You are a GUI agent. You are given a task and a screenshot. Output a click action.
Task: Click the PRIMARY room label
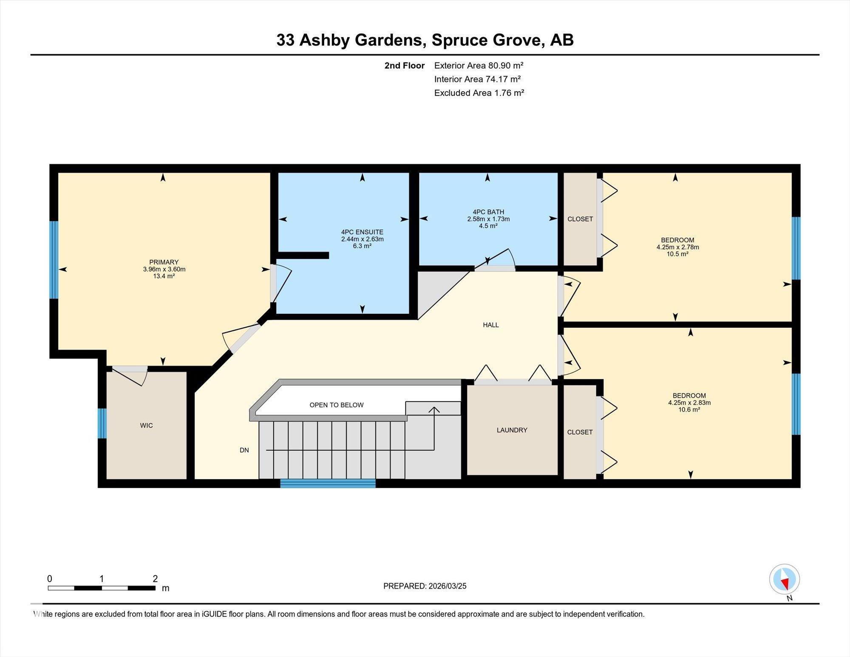[164, 262]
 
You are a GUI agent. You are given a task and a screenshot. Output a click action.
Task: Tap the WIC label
[146, 425]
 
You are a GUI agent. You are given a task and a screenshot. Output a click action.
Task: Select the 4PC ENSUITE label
[362, 232]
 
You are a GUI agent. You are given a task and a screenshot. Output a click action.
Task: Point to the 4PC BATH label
[488, 212]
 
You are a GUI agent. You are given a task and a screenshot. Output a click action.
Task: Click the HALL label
[491, 325]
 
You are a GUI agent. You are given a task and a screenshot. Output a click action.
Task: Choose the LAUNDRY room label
[512, 430]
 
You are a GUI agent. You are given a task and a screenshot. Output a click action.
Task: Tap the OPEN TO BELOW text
[337, 405]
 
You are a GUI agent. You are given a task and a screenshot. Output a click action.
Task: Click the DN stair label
[244, 450]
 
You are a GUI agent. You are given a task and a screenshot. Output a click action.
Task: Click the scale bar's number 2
[156, 579]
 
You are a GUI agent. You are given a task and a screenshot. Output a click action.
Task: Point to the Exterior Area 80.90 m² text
[479, 65]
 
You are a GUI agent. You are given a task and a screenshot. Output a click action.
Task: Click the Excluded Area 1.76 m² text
[479, 93]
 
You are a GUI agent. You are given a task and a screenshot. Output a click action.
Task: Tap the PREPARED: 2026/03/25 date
[425, 586]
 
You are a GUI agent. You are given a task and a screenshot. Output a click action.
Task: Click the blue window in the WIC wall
[102, 423]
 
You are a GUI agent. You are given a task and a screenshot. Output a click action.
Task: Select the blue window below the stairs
[328, 483]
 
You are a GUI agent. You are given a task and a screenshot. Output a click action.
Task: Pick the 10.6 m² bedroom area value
[689, 410]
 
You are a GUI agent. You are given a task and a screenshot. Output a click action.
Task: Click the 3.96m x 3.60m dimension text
[164, 269]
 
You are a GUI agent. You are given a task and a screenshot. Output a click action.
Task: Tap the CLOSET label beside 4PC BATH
[580, 219]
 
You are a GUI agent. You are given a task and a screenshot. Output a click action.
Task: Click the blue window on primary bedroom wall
[54, 260]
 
